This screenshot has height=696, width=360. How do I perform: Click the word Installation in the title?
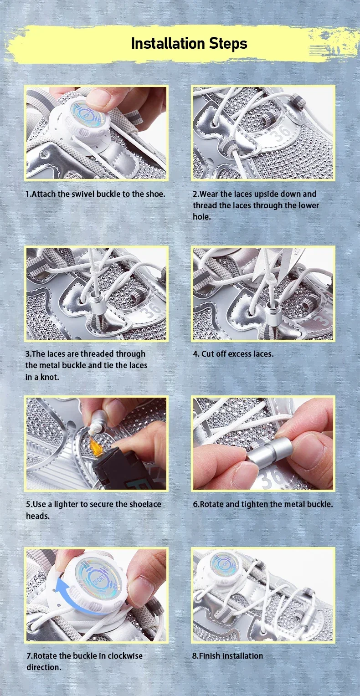coord(168,44)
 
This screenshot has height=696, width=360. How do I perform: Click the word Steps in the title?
coord(228,44)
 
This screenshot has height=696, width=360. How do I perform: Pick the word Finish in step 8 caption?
coord(210,655)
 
